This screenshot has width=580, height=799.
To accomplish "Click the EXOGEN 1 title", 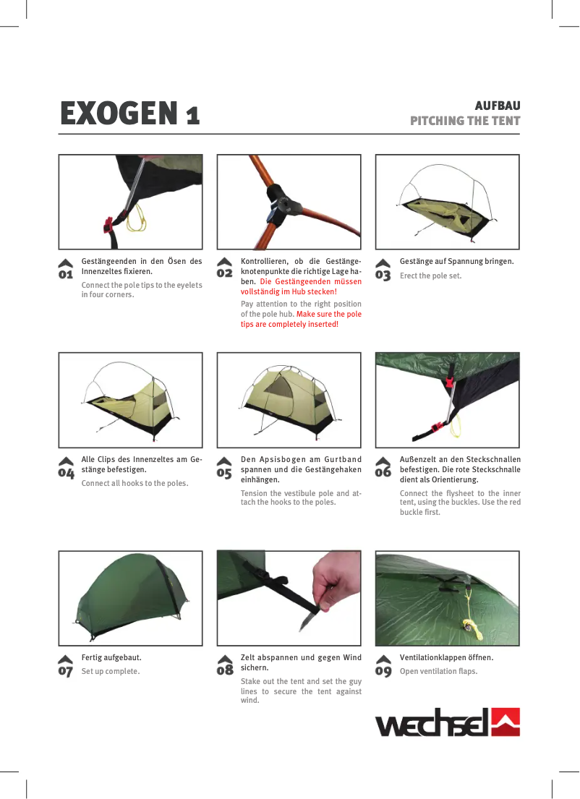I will coord(130,113).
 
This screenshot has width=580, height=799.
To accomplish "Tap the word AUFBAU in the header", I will coord(497,106).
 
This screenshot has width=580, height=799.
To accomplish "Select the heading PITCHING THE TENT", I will coord(465,120).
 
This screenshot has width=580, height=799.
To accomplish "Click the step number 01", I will coord(66,275).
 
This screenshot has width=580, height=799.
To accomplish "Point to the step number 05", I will coord(224,472).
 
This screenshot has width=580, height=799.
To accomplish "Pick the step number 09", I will coord(383,670).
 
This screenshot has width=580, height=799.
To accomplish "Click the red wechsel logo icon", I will coord(506,722).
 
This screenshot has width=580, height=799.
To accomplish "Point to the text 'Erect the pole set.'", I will coord(430,276).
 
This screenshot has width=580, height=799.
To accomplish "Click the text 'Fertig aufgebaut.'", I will coord(111,658).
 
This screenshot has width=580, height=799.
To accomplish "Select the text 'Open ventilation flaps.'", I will coord(438,671).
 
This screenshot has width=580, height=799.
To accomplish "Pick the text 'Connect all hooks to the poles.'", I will coord(135,483).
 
